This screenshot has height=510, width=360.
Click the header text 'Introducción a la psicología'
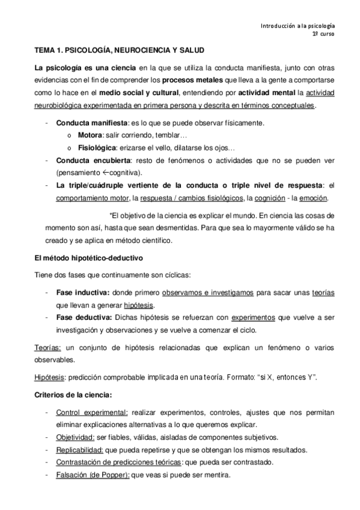pyautogui.click(x=297, y=26)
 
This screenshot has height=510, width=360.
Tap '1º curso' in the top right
pyautogui.click(x=323, y=35)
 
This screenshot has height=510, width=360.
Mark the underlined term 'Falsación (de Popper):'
pyautogui.click(x=92, y=474)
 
